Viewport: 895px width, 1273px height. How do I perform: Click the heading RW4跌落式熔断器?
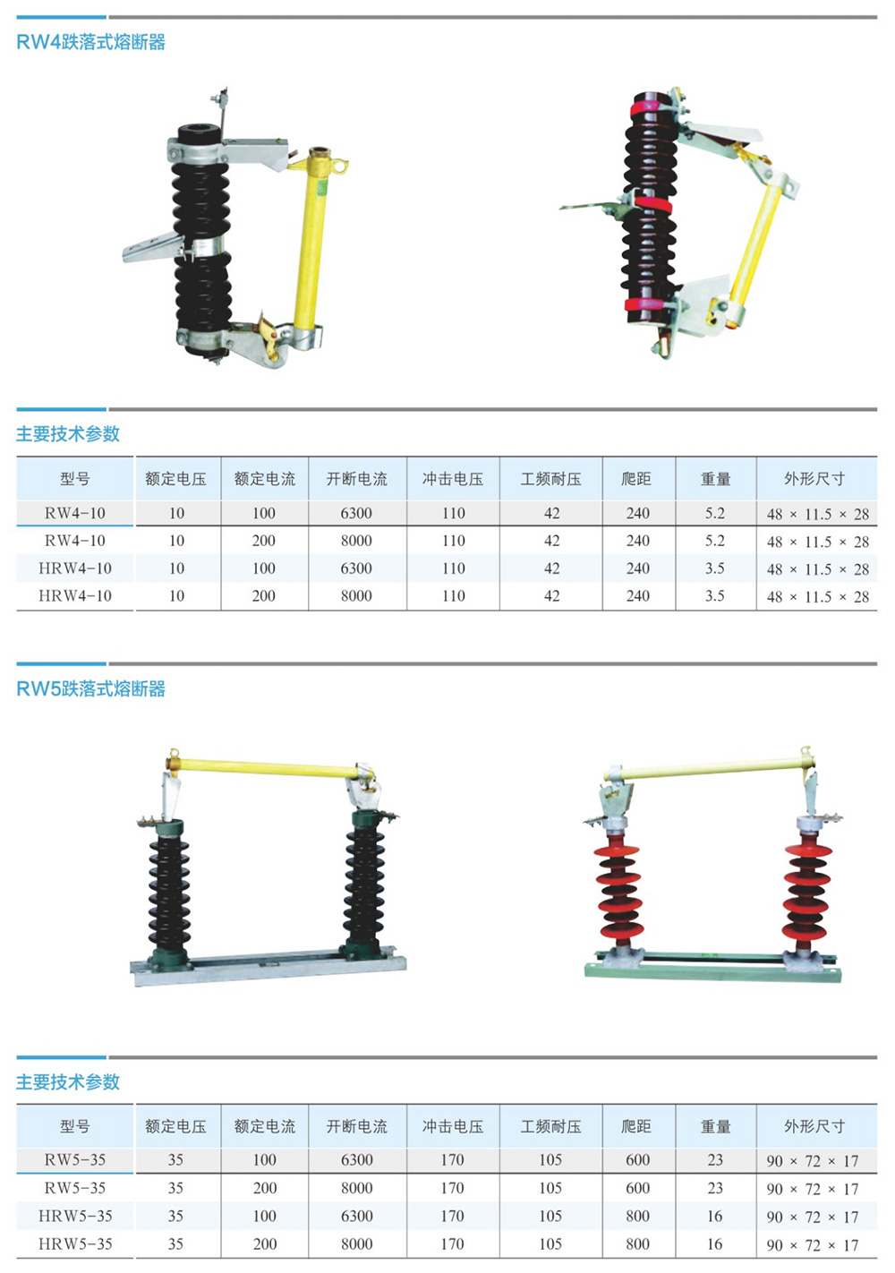pyautogui.click(x=91, y=43)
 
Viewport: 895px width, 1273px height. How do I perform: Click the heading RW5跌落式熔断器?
pyautogui.click(x=91, y=689)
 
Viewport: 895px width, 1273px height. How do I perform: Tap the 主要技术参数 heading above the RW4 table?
pyautogui.click(x=68, y=433)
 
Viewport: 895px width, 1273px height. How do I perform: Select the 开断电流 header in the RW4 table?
pyautogui.click(x=357, y=479)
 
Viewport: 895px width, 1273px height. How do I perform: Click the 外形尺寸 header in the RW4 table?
pyautogui.click(x=814, y=479)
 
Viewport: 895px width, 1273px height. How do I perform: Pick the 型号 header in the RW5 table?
pyautogui.click(x=75, y=1126)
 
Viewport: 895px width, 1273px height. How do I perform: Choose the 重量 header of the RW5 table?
pyautogui.click(x=715, y=1126)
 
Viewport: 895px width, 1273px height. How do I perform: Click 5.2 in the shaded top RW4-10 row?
pyautogui.click(x=715, y=513)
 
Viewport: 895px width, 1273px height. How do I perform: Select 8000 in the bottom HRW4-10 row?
pyautogui.click(x=356, y=596)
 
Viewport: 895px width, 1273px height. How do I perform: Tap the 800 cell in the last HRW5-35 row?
pyautogui.click(x=637, y=1244)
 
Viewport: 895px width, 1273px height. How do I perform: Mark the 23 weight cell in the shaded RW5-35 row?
pyautogui.click(x=715, y=1160)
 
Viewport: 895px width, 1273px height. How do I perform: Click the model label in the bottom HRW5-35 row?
pyautogui.click(x=75, y=1244)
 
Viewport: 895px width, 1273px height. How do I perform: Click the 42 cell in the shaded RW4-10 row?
pyautogui.click(x=552, y=513)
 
